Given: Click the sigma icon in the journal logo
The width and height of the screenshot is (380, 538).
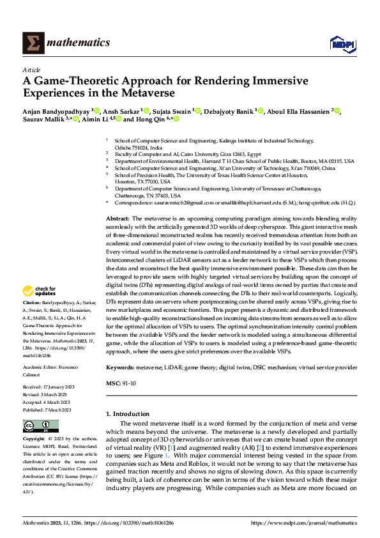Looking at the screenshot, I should point(32,43).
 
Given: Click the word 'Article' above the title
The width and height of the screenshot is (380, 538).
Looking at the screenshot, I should point(31,70).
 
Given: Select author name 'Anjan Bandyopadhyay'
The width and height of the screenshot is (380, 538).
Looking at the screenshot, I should point(56,111).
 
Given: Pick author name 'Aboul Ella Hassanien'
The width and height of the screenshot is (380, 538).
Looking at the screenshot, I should point(300,111).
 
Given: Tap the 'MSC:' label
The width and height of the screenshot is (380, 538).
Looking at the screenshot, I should point(114,383).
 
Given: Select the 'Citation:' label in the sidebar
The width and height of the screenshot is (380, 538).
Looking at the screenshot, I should point(32,302).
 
